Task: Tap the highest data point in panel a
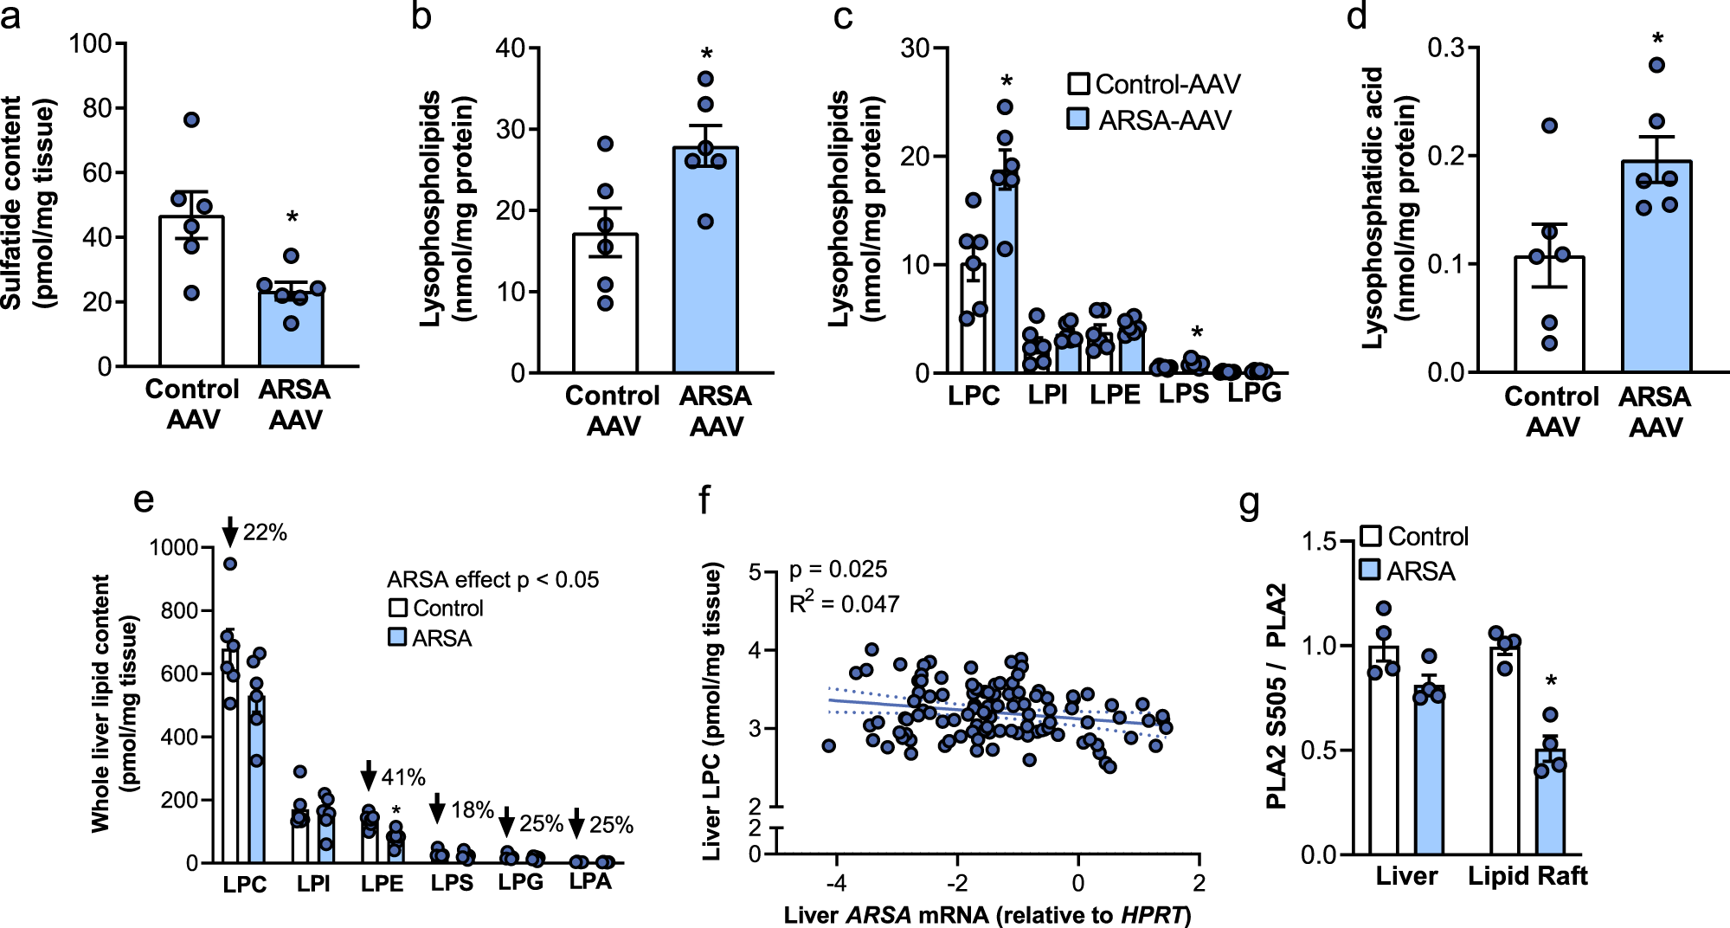[192, 119]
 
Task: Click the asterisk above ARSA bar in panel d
[1657, 40]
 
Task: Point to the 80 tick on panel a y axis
[97, 108]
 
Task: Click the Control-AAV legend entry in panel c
[1154, 84]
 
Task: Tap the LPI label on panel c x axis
[1047, 396]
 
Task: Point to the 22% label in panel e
[265, 532]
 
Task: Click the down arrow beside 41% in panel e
[369, 776]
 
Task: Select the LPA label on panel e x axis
[590, 881]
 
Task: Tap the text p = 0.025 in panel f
[838, 570]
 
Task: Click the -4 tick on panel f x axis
[835, 883]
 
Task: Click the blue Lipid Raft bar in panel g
[1550, 805]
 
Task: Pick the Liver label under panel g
[1406, 876]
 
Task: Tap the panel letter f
[705, 500]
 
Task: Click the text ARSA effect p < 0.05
[492, 579]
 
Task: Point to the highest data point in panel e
[230, 564]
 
